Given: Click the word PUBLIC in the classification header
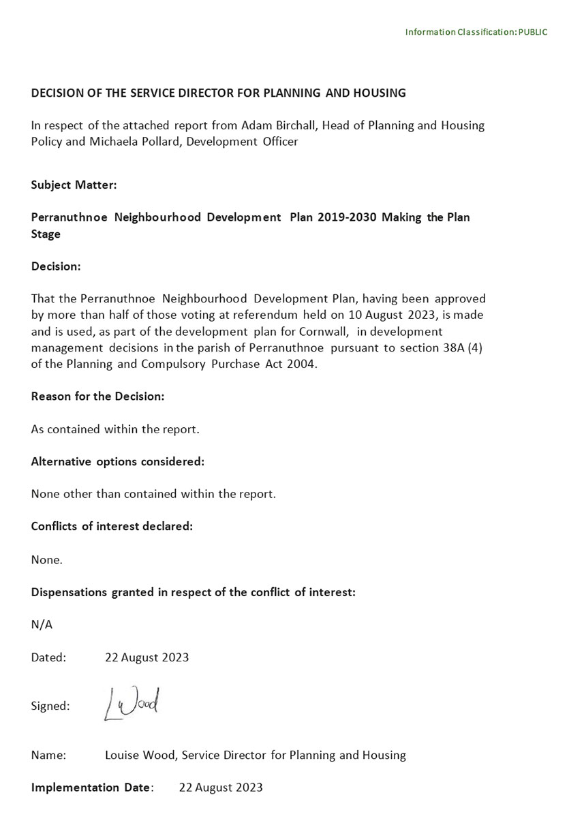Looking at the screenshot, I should [532, 32].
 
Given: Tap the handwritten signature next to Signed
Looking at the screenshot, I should [132, 704].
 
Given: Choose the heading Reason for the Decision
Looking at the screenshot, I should [97, 396].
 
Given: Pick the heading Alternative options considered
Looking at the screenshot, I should [117, 461].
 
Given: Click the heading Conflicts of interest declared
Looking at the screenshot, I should [112, 527].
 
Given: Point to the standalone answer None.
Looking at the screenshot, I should [46, 559].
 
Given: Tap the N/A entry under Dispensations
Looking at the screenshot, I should [42, 625].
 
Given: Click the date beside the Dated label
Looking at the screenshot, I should [147, 657].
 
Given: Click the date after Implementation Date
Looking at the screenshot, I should [221, 788].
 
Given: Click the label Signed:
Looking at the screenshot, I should [50, 706].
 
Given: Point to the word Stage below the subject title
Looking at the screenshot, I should [46, 234].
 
